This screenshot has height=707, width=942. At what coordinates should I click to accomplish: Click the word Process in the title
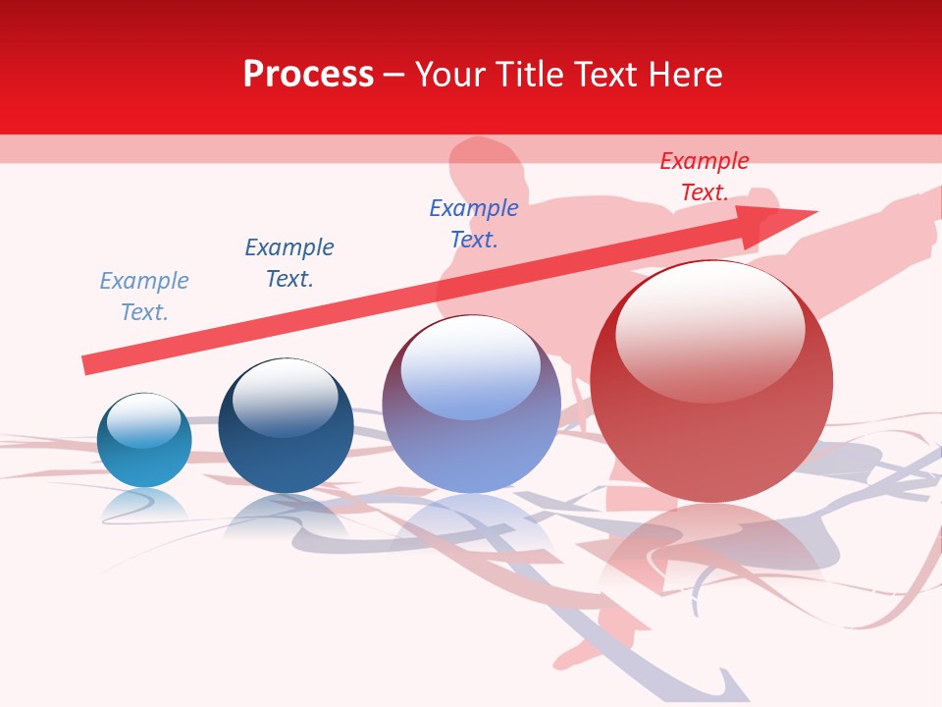[308, 75]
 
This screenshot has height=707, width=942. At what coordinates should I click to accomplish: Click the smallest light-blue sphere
[144, 441]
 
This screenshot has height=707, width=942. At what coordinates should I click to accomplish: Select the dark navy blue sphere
[286, 426]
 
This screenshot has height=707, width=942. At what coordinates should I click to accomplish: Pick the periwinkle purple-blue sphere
[471, 405]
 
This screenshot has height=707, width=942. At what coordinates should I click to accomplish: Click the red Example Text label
[705, 177]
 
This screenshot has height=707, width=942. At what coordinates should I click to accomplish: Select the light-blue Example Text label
[144, 297]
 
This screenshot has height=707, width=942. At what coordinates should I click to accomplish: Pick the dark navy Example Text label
[289, 263]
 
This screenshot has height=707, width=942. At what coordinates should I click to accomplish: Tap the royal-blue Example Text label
[474, 224]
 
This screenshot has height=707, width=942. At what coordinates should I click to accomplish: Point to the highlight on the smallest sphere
[143, 419]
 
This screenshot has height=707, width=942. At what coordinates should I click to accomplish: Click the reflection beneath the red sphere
[711, 550]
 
